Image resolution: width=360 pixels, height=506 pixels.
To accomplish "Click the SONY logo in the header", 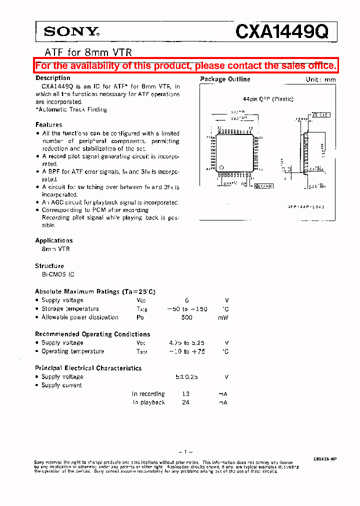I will click(x=71, y=32).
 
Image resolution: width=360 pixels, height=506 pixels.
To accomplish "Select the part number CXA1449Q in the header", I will click(x=282, y=32).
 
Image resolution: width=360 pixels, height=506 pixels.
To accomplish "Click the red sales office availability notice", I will click(x=185, y=65).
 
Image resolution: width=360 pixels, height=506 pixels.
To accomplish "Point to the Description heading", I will click(x=52, y=78).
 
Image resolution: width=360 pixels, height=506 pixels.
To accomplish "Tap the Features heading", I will click(x=48, y=124).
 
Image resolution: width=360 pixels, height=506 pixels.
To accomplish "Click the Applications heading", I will click(x=53, y=240).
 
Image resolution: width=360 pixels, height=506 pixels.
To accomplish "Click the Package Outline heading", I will click(x=225, y=79).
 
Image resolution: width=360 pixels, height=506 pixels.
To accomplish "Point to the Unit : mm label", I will click(x=321, y=79).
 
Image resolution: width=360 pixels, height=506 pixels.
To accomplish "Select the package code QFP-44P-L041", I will click(x=306, y=206).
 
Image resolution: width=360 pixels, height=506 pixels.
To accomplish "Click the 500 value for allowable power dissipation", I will click(x=186, y=317).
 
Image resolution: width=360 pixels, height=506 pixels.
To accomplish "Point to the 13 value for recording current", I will click(x=186, y=394).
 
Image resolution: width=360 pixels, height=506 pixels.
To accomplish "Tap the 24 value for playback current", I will click(x=186, y=402).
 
